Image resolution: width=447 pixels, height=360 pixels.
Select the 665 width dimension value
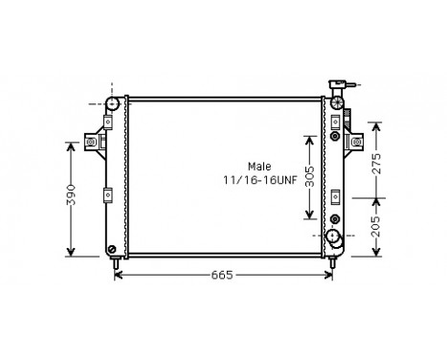(223, 276)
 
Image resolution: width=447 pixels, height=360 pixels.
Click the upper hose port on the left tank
(112, 103)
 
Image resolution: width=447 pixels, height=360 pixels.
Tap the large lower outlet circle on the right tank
(333, 236)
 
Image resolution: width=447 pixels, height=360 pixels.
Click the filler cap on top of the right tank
(337, 87)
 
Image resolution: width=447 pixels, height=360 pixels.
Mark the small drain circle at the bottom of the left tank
(113, 242)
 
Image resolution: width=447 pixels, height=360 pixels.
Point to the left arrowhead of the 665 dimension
(118, 275)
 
